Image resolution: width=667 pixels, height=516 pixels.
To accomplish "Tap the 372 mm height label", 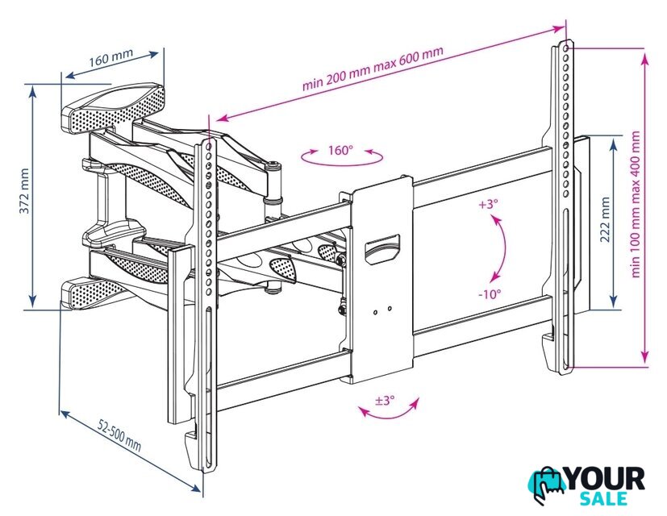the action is [x=25, y=191].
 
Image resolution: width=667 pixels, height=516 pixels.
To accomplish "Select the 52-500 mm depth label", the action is [x=119, y=435].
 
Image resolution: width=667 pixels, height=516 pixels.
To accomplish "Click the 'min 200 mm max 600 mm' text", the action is [x=373, y=68].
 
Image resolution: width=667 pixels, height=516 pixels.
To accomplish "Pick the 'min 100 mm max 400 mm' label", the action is [x=635, y=204].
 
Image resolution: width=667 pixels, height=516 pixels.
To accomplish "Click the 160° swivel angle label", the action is [x=340, y=150].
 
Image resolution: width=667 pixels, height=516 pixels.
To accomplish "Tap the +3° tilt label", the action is [x=488, y=204].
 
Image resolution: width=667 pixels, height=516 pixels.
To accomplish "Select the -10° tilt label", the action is [x=490, y=293].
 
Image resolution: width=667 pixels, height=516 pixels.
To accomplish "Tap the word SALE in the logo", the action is [x=603, y=498].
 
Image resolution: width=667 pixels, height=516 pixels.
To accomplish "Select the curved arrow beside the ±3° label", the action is [x=390, y=417].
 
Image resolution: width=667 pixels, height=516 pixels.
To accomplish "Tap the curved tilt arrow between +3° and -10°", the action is [x=504, y=249].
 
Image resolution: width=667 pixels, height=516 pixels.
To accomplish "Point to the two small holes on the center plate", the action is [x=382, y=310].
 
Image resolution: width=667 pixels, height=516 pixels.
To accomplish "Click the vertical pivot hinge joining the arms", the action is [x=273, y=183].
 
